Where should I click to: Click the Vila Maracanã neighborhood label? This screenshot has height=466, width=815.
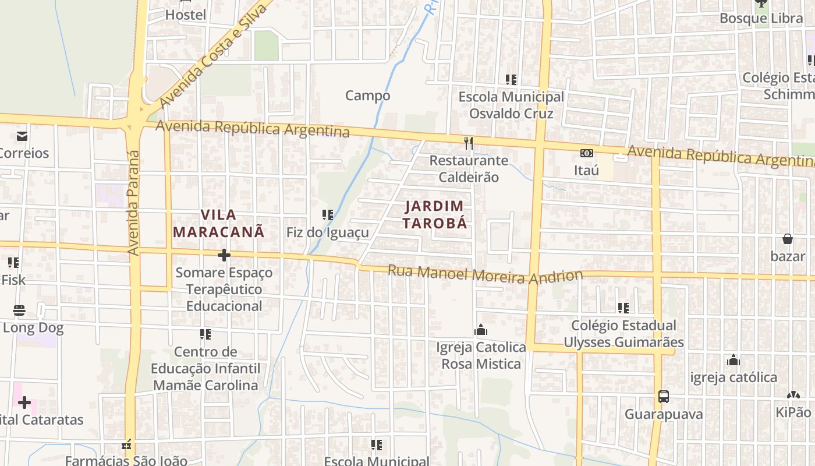[218, 223]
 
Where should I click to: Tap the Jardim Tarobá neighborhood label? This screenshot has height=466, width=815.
[435, 214]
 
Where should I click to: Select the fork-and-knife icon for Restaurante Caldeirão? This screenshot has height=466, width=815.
[469, 143]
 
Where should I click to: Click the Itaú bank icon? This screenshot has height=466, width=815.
[587, 153]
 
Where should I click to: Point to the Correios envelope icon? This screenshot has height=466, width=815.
[22, 136]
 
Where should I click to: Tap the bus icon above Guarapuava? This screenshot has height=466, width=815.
[663, 397]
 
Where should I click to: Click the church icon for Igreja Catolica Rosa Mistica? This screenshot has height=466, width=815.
[481, 330]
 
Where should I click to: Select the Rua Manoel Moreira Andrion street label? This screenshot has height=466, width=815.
[485, 274]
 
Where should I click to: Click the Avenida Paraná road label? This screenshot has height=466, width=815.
[134, 202]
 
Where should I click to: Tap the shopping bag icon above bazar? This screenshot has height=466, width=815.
[788, 239]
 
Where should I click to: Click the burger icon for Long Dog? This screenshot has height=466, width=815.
[19, 310]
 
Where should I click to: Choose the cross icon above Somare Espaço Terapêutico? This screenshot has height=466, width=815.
[224, 255]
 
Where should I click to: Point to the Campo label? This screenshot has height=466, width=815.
[367, 95]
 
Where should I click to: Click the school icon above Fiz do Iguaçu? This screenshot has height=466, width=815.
[328, 215]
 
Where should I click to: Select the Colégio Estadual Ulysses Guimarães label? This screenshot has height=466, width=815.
[623, 334]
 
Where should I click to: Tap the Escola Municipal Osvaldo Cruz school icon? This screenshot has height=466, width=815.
[511, 79]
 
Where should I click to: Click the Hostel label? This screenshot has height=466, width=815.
[186, 15]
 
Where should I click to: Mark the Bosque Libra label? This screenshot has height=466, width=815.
[761, 18]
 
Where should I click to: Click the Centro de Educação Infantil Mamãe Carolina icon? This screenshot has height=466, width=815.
[205, 334]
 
